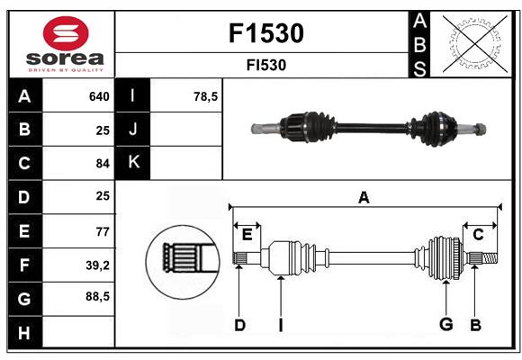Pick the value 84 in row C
[x=102, y=164]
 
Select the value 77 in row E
[x=102, y=230]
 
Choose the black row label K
[x=133, y=163]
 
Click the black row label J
[x=133, y=130]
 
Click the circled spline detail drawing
[x=184, y=262]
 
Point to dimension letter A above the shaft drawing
[x=364, y=197]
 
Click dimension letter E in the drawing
[x=247, y=234]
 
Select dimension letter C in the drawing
[x=478, y=234]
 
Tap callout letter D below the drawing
[x=239, y=324]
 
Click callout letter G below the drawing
[x=445, y=324]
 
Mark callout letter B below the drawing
[x=475, y=324]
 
